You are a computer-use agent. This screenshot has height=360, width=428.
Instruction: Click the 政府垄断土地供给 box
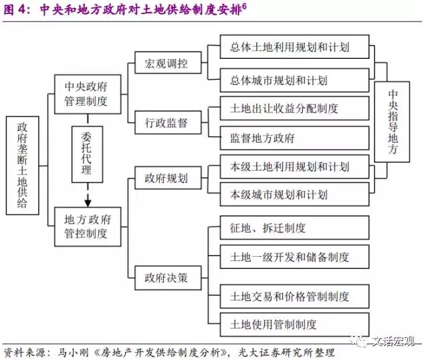22,165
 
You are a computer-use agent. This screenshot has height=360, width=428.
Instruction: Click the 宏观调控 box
166,65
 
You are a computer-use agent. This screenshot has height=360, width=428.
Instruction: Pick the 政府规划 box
166,179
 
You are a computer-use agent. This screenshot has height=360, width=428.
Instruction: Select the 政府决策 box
166,275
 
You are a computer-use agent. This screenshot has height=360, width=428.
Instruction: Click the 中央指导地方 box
393,122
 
